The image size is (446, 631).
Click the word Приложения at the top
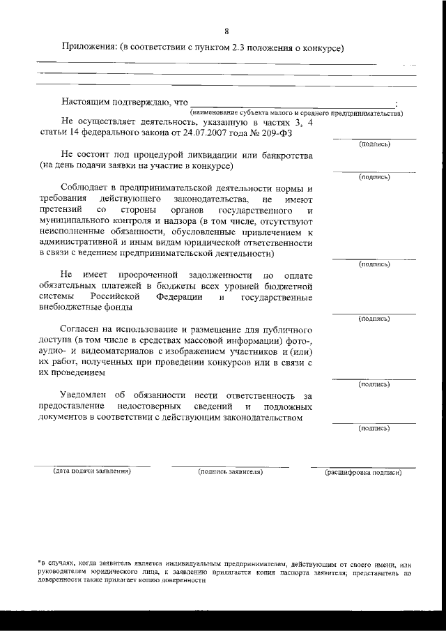[x=89, y=48]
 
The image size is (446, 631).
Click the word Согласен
[x=84, y=329]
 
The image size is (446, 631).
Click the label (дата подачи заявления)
[x=92, y=472]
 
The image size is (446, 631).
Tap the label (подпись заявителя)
[x=230, y=472]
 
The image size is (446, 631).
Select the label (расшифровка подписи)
[x=363, y=473]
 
